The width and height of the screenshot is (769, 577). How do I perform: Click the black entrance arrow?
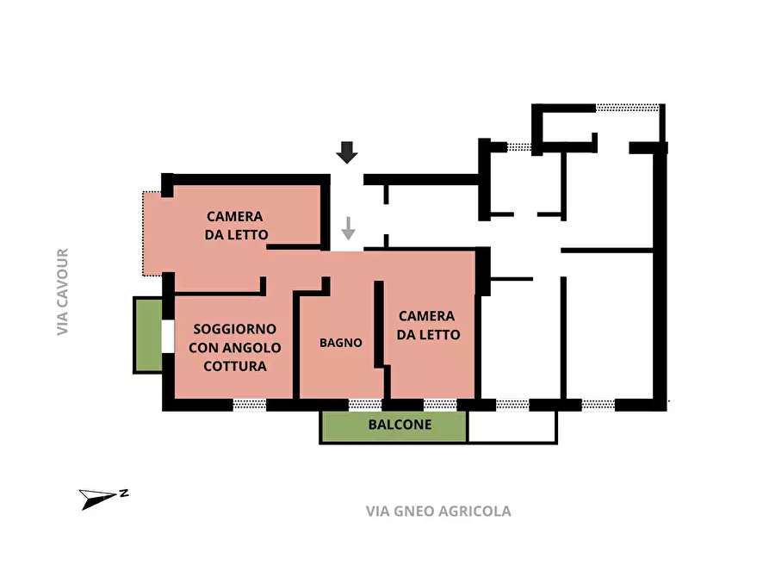click(x=347, y=153)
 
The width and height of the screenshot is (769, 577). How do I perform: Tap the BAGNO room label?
click(x=340, y=343)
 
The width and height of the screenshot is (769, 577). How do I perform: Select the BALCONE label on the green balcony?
click(x=400, y=425)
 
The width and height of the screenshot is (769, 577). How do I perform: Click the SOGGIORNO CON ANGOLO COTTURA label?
click(x=234, y=348)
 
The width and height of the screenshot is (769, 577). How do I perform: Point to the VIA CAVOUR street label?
click(x=62, y=292)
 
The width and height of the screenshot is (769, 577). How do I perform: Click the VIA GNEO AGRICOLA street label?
click(x=438, y=512)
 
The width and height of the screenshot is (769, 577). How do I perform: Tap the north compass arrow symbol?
click(x=97, y=498)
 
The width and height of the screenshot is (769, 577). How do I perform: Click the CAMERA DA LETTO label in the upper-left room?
click(x=235, y=226)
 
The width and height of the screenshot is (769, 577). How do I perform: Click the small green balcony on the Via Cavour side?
click(x=147, y=334)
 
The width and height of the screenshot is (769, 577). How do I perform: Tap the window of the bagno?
click(x=364, y=404)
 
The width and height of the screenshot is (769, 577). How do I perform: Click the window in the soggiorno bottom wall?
click(x=250, y=404)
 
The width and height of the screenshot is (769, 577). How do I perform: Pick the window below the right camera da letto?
click(x=439, y=404)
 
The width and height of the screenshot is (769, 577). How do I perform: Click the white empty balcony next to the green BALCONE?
click(x=512, y=427)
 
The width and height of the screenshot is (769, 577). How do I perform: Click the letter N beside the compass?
click(x=125, y=493)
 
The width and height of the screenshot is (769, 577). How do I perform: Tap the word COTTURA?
click(x=234, y=366)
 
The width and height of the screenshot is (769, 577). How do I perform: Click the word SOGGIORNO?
click(x=234, y=329)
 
